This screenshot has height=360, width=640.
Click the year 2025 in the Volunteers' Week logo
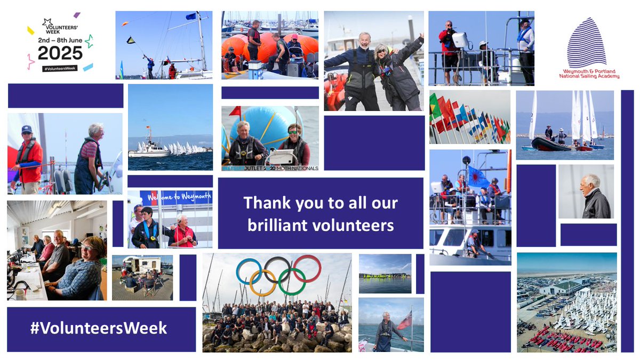[60, 52]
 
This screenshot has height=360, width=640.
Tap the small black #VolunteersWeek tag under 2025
[60, 68]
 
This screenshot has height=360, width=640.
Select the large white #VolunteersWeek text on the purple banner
[98, 327]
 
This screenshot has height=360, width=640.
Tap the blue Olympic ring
[249, 271]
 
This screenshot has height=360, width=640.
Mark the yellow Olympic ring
[263, 282]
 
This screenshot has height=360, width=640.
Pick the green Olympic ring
[292, 282]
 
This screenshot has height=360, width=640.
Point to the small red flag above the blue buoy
[235, 111]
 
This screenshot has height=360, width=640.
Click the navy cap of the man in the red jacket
[26, 129]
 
